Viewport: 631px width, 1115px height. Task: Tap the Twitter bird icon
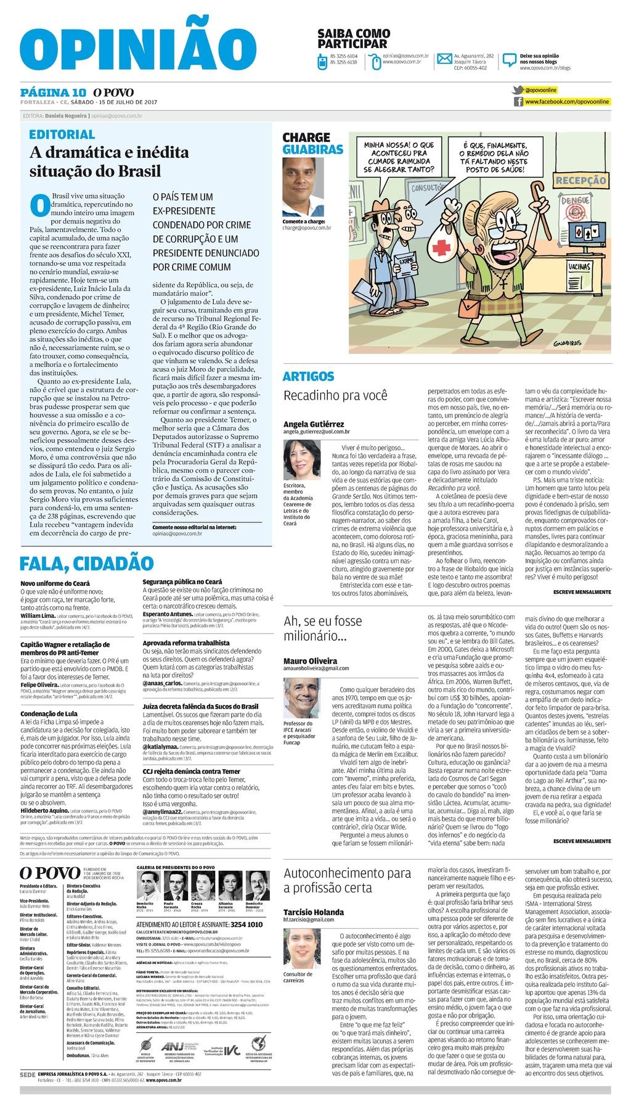(518, 90)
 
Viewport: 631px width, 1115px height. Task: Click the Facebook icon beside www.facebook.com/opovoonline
(518, 101)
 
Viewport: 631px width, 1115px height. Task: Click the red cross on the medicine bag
(442, 247)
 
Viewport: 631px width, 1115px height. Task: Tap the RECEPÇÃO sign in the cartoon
(580, 181)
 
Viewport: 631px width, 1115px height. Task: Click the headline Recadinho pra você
(335, 395)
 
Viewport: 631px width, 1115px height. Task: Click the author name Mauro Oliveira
(310, 660)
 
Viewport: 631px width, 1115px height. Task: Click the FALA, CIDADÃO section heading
(86, 563)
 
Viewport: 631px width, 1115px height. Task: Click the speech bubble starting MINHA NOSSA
(399, 156)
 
